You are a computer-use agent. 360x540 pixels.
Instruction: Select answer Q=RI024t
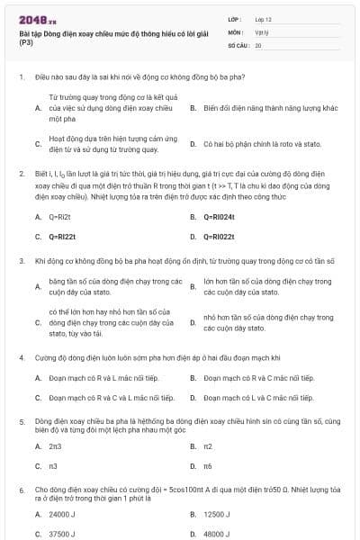(x=218, y=217)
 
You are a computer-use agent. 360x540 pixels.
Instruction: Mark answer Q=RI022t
(x=218, y=237)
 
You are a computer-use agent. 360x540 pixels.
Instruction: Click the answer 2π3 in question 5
(x=55, y=445)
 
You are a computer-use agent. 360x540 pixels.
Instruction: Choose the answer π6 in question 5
(x=207, y=465)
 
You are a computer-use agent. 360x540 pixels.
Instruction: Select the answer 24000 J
(x=62, y=514)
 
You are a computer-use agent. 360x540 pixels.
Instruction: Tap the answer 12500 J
(x=217, y=514)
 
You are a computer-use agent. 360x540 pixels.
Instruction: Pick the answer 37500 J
(x=62, y=534)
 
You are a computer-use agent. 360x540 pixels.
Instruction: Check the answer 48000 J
(x=217, y=534)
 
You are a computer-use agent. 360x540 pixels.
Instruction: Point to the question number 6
(x=21, y=489)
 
